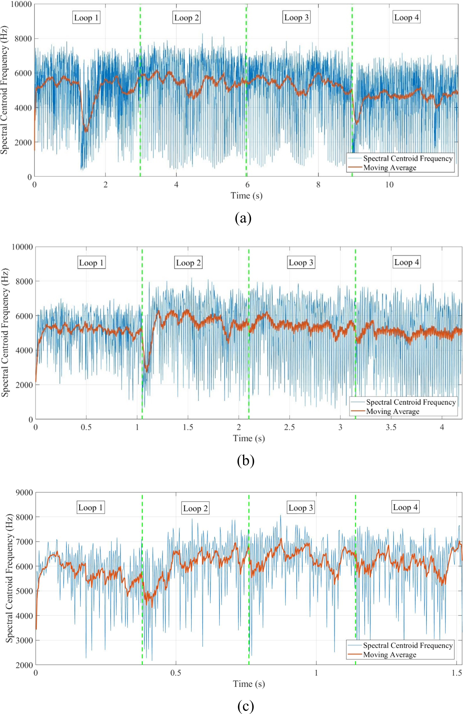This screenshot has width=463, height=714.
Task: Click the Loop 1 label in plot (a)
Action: [86, 18]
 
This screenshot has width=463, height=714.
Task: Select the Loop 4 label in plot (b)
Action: [407, 262]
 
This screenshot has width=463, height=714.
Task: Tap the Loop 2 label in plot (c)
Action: [196, 508]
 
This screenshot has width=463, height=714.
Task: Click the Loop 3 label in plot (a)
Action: [296, 18]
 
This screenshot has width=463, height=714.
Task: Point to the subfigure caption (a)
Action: [243, 218]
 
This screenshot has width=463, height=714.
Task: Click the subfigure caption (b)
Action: [246, 460]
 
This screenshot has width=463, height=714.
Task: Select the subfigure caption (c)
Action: [246, 706]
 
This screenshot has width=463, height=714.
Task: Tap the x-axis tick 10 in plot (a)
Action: [389, 185]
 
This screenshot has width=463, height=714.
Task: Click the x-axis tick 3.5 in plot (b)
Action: [391, 427]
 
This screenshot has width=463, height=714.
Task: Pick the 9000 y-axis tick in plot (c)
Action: [24, 493]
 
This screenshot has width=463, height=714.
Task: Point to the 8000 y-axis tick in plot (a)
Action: [23, 39]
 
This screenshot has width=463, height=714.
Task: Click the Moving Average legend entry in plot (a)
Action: [390, 168]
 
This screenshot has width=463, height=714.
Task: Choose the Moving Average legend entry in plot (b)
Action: [392, 412]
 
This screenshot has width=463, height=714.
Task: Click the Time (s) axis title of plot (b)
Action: [249, 438]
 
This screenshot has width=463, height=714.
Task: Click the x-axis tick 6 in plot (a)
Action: [247, 185]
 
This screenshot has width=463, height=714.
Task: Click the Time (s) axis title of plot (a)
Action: [246, 196]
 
